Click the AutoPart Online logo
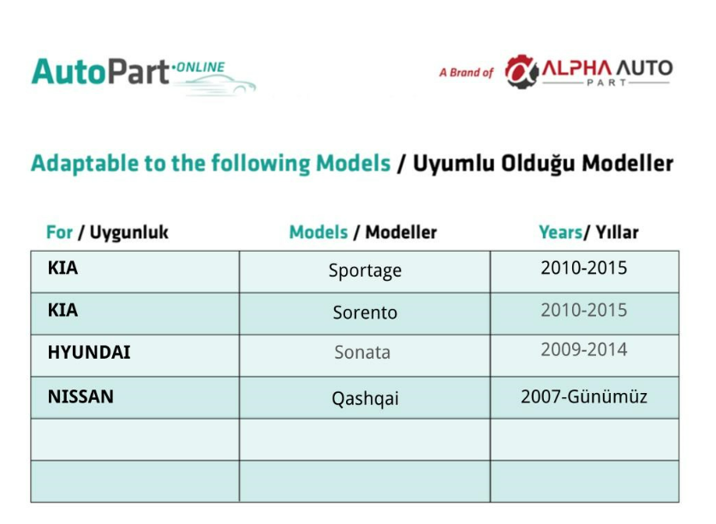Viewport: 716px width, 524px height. (x=144, y=75)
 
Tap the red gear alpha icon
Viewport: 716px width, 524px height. (x=522, y=72)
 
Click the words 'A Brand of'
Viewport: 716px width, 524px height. (x=466, y=73)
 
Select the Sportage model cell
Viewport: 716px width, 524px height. (x=365, y=271)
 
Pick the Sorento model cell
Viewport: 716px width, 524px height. (x=365, y=313)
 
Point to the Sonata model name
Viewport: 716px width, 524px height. (x=362, y=353)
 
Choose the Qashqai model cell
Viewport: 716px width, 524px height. (x=365, y=398)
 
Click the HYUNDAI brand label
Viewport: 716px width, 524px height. (x=89, y=353)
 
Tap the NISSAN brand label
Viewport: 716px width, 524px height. (x=81, y=396)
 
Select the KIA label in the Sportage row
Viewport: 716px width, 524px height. (x=63, y=268)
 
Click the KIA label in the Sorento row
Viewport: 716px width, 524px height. (x=63, y=311)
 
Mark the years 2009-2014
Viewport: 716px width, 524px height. (x=584, y=349)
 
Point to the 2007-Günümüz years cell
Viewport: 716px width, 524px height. (x=584, y=396)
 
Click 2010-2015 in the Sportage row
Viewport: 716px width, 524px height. (x=584, y=268)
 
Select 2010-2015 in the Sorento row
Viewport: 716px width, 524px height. (x=584, y=311)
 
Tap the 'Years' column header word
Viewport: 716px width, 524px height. (x=560, y=232)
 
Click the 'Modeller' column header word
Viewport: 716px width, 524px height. (x=401, y=232)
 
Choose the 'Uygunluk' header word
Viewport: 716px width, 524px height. (x=129, y=232)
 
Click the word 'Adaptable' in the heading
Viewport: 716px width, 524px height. (x=85, y=164)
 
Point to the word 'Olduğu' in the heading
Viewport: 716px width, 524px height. (x=538, y=164)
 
